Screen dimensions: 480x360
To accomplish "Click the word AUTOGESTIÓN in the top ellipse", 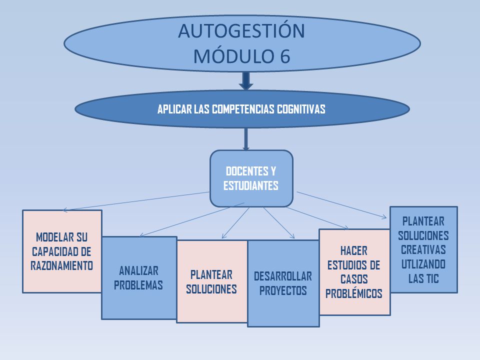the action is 241,31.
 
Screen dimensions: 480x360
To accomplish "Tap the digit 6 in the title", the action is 284,56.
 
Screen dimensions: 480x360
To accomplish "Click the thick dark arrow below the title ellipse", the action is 246,81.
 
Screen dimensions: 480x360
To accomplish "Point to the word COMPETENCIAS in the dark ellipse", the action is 243,109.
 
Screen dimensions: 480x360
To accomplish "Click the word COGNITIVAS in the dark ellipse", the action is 301,109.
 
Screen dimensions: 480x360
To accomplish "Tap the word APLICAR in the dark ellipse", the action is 174,109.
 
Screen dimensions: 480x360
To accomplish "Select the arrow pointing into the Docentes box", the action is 246,139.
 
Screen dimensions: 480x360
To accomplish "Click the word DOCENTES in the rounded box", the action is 246,171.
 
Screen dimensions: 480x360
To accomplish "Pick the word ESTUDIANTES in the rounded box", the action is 250,185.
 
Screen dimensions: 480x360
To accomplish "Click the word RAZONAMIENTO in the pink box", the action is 62,265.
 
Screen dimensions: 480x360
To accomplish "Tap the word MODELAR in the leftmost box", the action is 53,237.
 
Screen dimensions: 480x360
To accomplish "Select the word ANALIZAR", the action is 138,271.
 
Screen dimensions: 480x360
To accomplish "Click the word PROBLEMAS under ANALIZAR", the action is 138,285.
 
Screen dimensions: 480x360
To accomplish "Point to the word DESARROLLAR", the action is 283,276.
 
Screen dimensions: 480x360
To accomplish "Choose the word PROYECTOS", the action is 283,291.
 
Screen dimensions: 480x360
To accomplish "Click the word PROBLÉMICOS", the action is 354,293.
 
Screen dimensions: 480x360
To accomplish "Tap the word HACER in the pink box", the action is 354,251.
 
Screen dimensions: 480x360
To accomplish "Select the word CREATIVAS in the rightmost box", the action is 423,250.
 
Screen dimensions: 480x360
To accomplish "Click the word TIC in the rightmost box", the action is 432,278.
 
